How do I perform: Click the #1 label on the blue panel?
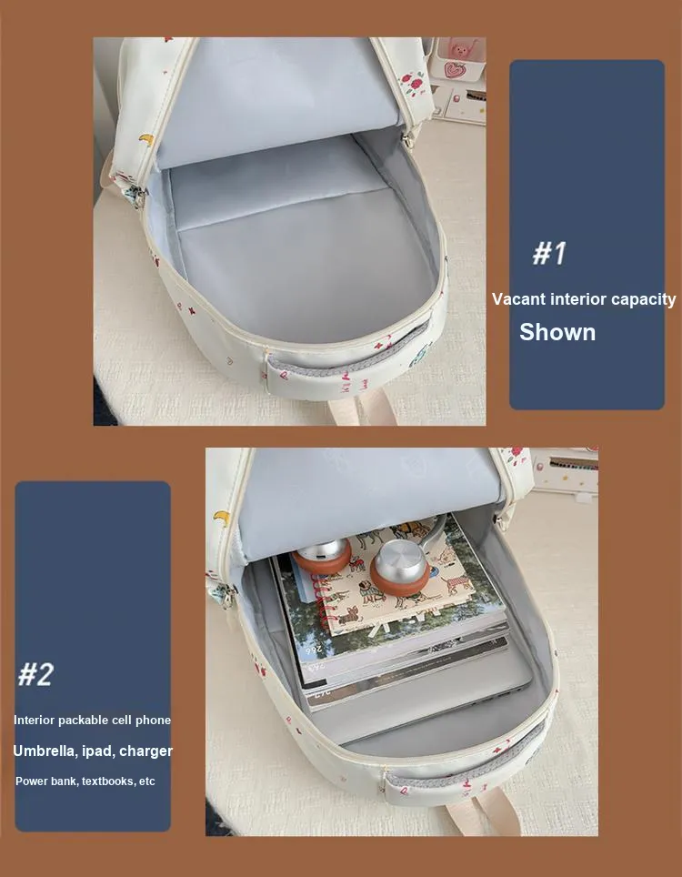click(x=549, y=253)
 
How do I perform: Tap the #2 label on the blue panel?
click(x=35, y=674)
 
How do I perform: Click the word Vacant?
click(x=518, y=298)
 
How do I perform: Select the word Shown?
click(x=557, y=332)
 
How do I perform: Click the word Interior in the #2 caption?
click(x=34, y=720)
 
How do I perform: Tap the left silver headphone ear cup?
click(x=322, y=555)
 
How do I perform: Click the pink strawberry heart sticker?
click(x=454, y=70)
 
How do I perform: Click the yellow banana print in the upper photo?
click(x=146, y=138)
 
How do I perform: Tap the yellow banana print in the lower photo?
click(x=221, y=518)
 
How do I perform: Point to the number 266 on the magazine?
click(x=316, y=650)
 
